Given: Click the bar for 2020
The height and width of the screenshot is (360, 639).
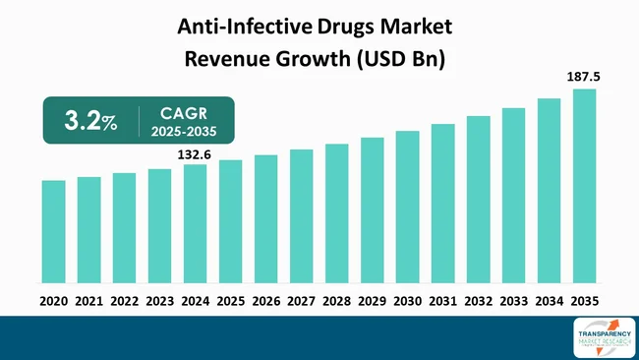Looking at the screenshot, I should coord(54,232).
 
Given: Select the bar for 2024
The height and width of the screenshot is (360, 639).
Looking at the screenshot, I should coord(196,224).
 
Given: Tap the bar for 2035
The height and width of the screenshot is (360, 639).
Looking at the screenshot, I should coord(584,187).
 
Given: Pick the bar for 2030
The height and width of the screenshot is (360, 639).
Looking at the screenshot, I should coord(407,208).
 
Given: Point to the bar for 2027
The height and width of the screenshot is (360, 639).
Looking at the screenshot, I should coord(301,216).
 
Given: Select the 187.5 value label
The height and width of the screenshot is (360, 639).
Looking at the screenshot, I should coord(584,75).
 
